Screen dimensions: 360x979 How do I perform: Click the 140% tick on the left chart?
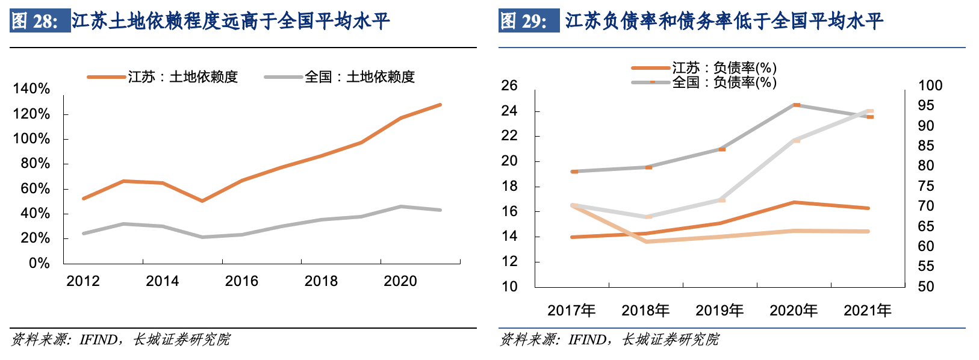pos(31,89)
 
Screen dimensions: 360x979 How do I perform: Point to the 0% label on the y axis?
pos(39,263)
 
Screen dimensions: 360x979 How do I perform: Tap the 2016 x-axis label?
pos(241,281)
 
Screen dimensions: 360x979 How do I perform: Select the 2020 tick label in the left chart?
pos(400,281)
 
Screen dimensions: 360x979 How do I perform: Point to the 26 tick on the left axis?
pos(509,85)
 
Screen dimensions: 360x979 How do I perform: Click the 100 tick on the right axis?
pos(930,85)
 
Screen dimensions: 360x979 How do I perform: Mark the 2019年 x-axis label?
pos(719,311)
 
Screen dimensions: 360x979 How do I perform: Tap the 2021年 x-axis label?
pos(868,311)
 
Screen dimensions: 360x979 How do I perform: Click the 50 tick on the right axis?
pos(926,287)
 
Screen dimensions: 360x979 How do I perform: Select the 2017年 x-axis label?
pos(571,311)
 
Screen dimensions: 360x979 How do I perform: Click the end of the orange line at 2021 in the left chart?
pos(440,105)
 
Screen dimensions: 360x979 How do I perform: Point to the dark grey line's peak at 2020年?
pos(796,105)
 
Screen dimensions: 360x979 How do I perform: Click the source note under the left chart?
pos(120,340)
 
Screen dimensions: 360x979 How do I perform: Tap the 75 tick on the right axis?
pos(926,186)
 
